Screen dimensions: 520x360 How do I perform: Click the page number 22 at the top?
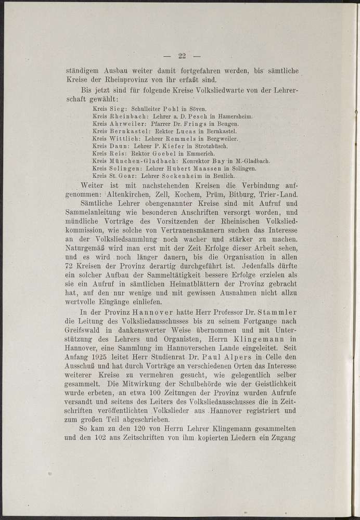(x=182, y=57)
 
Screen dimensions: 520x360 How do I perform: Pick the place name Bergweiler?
(x=220, y=139)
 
